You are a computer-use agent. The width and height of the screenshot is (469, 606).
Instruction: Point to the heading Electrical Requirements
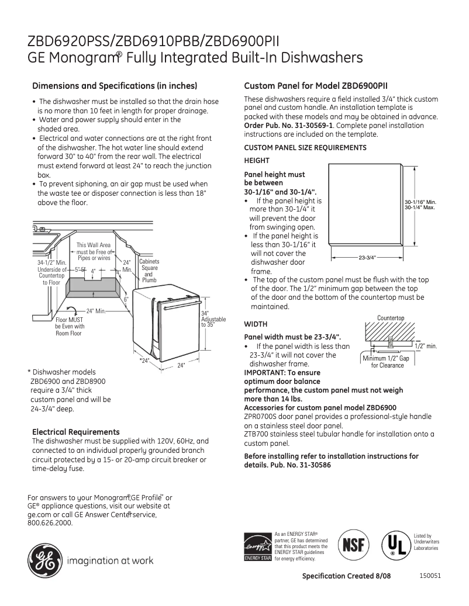coord(75,432)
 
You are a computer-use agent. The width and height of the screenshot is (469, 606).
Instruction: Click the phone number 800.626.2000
coord(50,523)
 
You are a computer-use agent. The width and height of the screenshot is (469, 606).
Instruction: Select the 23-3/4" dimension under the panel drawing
coord(367,257)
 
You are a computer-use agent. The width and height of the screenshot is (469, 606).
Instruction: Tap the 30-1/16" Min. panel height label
coord(420,202)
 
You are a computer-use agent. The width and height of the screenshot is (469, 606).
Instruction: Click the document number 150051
coord(430,575)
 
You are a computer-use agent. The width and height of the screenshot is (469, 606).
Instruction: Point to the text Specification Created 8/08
coord(346,576)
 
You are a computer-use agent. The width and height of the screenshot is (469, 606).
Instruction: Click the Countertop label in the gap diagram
coord(390,318)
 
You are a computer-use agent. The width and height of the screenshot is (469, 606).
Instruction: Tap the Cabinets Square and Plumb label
coord(149,271)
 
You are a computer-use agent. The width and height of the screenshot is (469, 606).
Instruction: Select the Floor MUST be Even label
coord(70,327)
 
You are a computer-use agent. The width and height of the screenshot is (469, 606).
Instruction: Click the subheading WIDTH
coord(255,324)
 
